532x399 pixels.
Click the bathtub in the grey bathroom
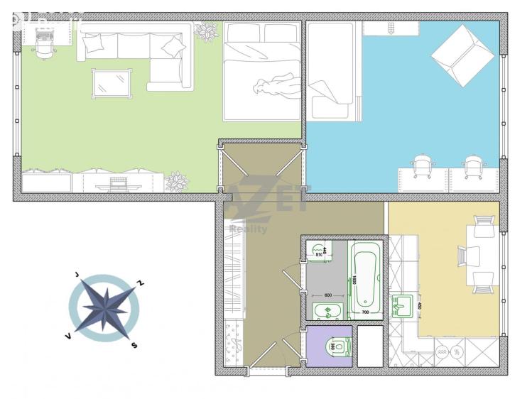[x=367, y=279]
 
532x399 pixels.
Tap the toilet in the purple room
[x=338, y=346]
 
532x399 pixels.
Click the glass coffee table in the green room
[x=111, y=82]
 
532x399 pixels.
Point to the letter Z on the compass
[x=141, y=283]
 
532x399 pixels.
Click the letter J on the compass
[x=76, y=274]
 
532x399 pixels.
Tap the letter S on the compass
[x=133, y=346]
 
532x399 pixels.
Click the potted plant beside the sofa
[x=206, y=31]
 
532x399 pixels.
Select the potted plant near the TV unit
[x=177, y=182]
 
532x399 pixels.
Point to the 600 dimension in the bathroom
[x=328, y=295]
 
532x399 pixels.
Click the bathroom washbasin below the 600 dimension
[x=327, y=310]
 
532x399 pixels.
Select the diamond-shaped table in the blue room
[x=462, y=55]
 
